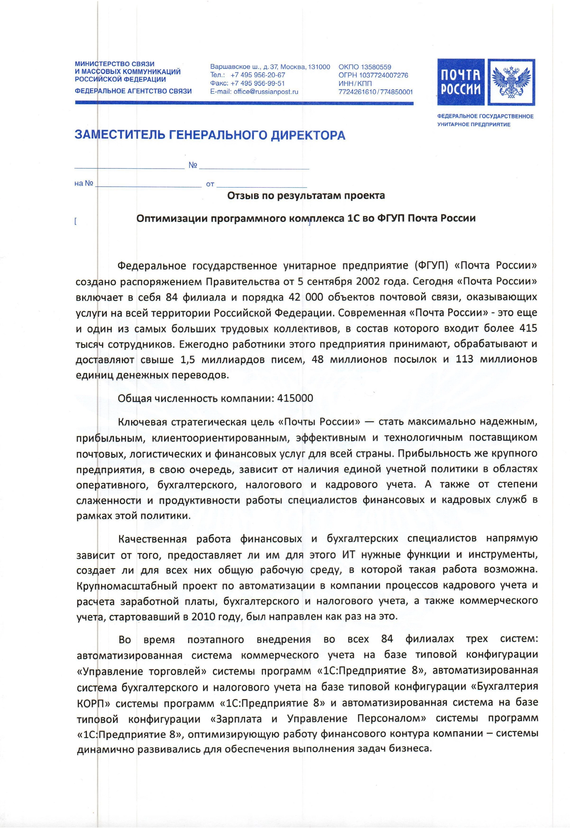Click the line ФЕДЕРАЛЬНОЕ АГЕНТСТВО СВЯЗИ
click(133, 91)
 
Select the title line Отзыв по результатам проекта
click(306, 196)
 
